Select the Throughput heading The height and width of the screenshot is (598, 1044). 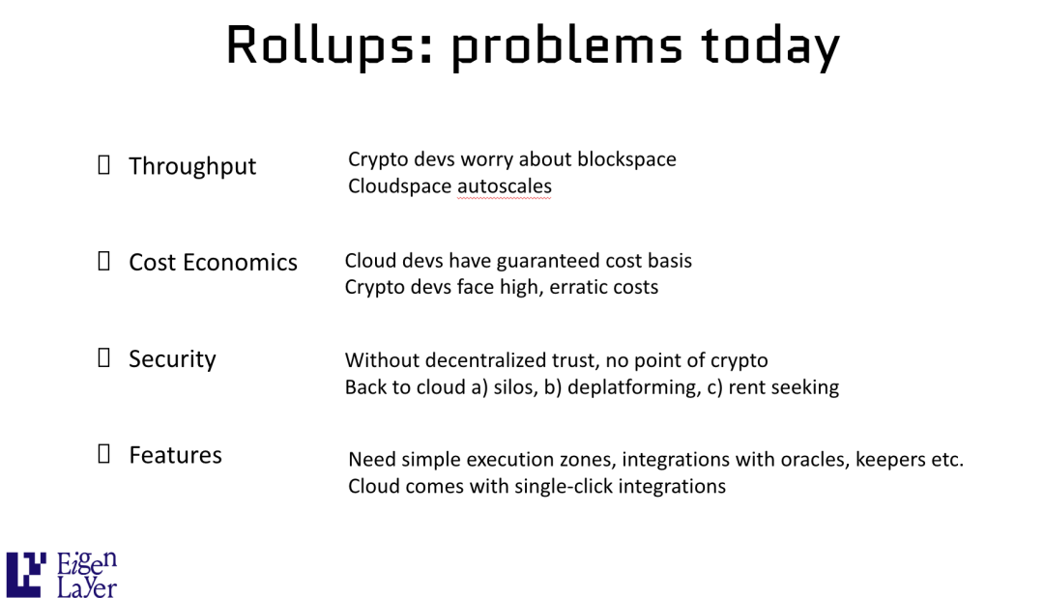(192, 166)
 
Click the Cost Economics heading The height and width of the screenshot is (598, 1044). (213, 262)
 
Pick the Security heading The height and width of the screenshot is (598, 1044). (172, 359)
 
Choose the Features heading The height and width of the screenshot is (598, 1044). (175, 455)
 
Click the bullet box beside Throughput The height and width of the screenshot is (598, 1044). (103, 164)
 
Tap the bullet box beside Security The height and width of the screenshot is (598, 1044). (103, 357)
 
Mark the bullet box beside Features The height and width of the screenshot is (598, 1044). (103, 454)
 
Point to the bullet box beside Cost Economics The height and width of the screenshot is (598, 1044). (103, 261)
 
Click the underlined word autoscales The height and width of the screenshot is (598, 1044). (505, 186)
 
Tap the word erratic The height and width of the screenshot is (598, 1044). (580, 287)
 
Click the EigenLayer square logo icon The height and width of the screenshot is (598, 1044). (26, 574)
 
